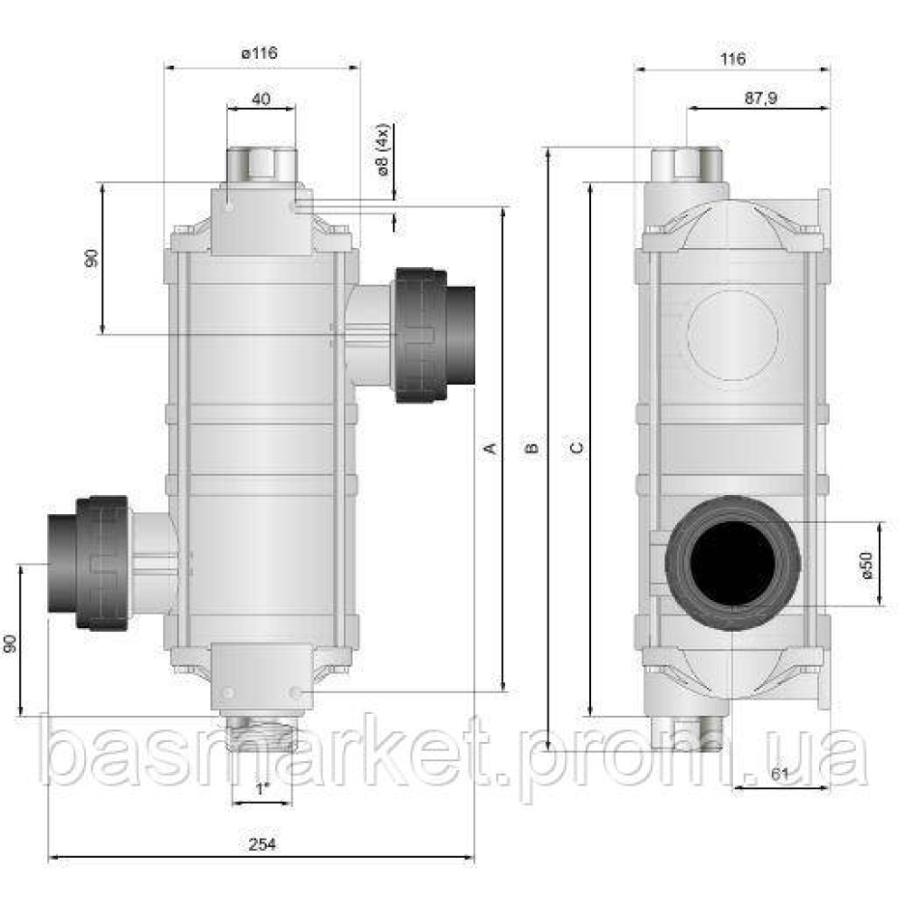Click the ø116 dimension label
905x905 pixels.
click(259, 53)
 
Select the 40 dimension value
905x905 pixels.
click(261, 100)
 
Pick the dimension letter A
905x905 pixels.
click(491, 448)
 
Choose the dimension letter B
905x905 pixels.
click(534, 448)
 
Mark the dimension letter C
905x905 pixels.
click(576, 448)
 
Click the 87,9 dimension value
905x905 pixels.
click(760, 100)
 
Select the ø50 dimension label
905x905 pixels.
click(865, 565)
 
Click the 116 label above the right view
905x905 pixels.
click(733, 59)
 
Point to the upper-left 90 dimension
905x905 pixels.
click(91, 258)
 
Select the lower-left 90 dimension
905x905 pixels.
click(10, 643)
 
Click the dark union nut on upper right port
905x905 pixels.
click(418, 335)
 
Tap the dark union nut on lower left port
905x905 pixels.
click(101, 562)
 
